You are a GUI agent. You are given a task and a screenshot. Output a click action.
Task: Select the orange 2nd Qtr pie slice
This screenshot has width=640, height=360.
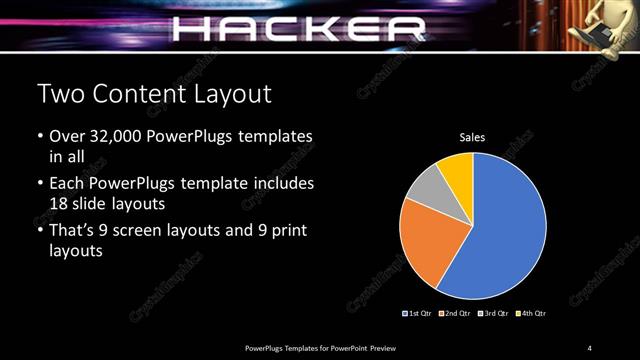coord(424,239)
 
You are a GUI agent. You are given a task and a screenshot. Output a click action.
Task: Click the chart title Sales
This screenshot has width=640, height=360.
coord(472,137)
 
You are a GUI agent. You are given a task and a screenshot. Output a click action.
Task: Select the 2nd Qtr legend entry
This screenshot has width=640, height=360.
coord(457,313)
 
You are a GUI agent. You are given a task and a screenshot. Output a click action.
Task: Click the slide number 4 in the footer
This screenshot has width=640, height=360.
coord(590,347)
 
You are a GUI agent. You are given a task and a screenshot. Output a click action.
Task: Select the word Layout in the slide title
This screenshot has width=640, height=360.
coord(235,95)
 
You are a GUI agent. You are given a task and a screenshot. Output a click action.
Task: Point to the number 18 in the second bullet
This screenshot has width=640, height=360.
coord(60,203)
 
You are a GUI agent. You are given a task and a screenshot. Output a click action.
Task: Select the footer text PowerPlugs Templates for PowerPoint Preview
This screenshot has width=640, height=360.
coord(320,347)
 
